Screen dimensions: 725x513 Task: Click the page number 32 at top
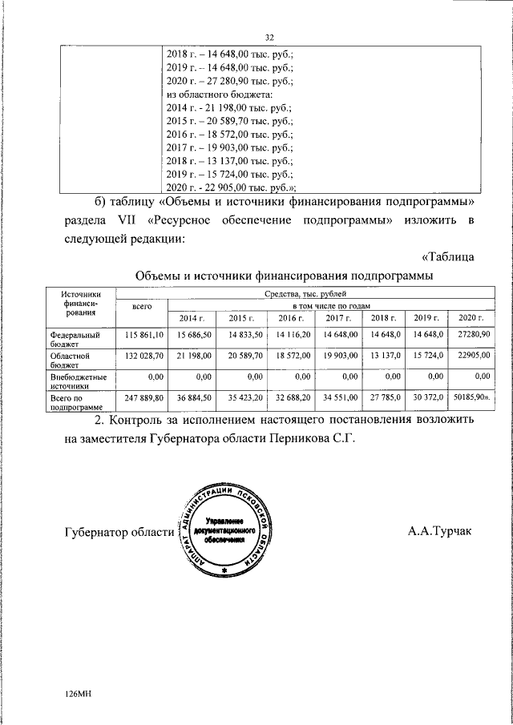pyautogui.click(x=269, y=36)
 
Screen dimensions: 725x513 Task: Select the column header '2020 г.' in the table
pyautogui.click(x=468, y=318)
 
